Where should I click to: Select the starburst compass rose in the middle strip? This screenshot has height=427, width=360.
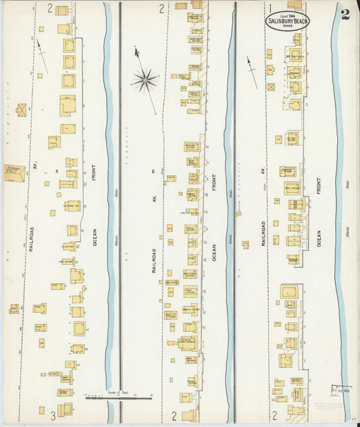click(x=145, y=80)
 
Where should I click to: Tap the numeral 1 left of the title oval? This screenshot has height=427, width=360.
click(x=271, y=9)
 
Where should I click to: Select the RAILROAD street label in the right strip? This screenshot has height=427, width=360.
click(x=261, y=230)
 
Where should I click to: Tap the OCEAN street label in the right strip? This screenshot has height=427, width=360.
click(x=318, y=236)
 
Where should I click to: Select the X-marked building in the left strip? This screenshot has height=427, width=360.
click(x=22, y=109)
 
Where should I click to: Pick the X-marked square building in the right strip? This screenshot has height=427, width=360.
click(x=272, y=87)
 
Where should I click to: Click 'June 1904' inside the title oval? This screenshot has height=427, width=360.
click(x=286, y=14)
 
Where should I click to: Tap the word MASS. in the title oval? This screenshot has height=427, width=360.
click(x=286, y=26)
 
